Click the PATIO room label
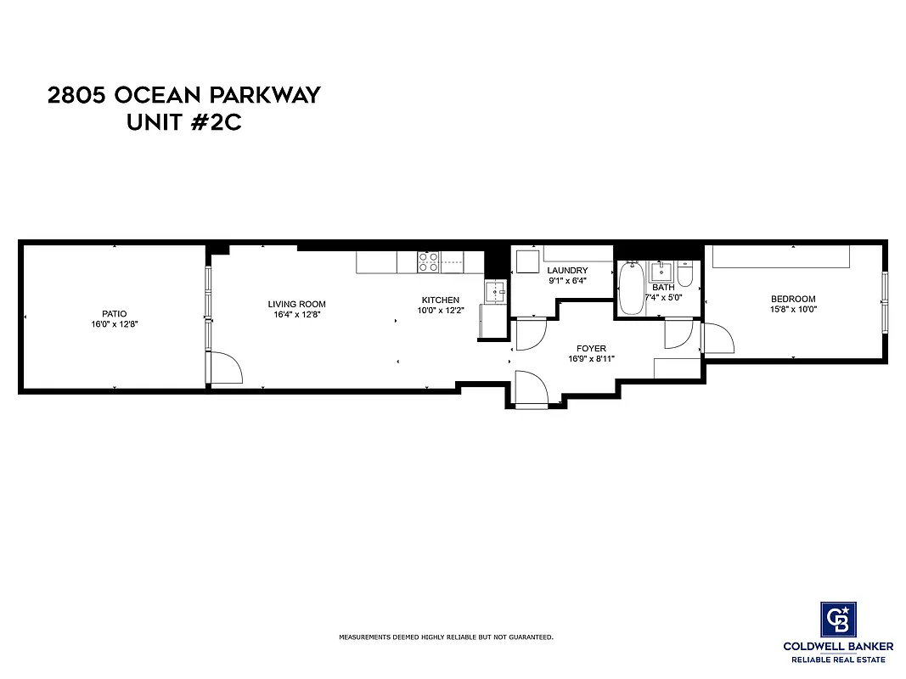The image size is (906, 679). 114,312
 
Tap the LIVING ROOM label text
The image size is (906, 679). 296,304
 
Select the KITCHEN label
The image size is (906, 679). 441,300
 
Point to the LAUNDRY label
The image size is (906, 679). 567,271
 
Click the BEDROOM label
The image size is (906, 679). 793,299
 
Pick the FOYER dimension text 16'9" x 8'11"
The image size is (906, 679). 591,359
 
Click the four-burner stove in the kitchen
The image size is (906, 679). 428,261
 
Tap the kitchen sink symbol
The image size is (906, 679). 495,291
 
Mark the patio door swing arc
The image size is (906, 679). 226,368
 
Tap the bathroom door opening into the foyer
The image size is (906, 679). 679,334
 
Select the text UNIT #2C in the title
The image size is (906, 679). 184,122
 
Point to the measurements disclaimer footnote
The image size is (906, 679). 446,637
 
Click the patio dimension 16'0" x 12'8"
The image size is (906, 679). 114,323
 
